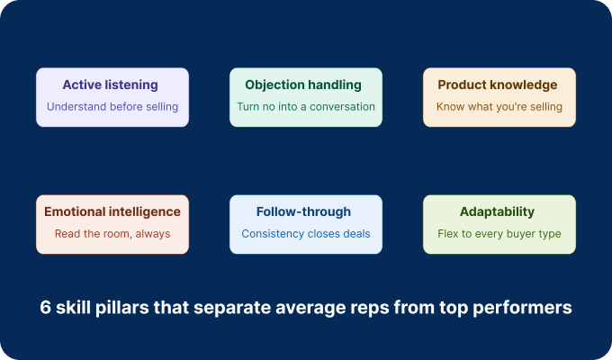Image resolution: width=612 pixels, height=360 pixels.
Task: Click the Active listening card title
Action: pyautogui.click(x=112, y=85)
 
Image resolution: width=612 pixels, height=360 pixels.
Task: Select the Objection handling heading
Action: pyautogui.click(x=306, y=85)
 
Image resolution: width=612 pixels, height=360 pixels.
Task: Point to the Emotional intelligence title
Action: pyautogui.click(x=112, y=212)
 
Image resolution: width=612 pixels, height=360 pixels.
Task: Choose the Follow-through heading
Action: pyautogui.click(x=306, y=212)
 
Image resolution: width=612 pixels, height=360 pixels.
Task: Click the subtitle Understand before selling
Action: pyautogui.click(x=112, y=107)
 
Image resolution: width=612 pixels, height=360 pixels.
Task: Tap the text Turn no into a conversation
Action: pyautogui.click(x=306, y=107)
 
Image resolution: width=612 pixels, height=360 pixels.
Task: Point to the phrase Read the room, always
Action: pyautogui.click(x=112, y=234)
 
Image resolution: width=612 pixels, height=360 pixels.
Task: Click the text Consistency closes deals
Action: pyautogui.click(x=306, y=234)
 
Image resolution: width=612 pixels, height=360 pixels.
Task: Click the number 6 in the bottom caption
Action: pyautogui.click(x=45, y=307)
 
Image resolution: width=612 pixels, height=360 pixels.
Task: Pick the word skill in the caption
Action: pyautogui.click(x=75, y=307)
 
